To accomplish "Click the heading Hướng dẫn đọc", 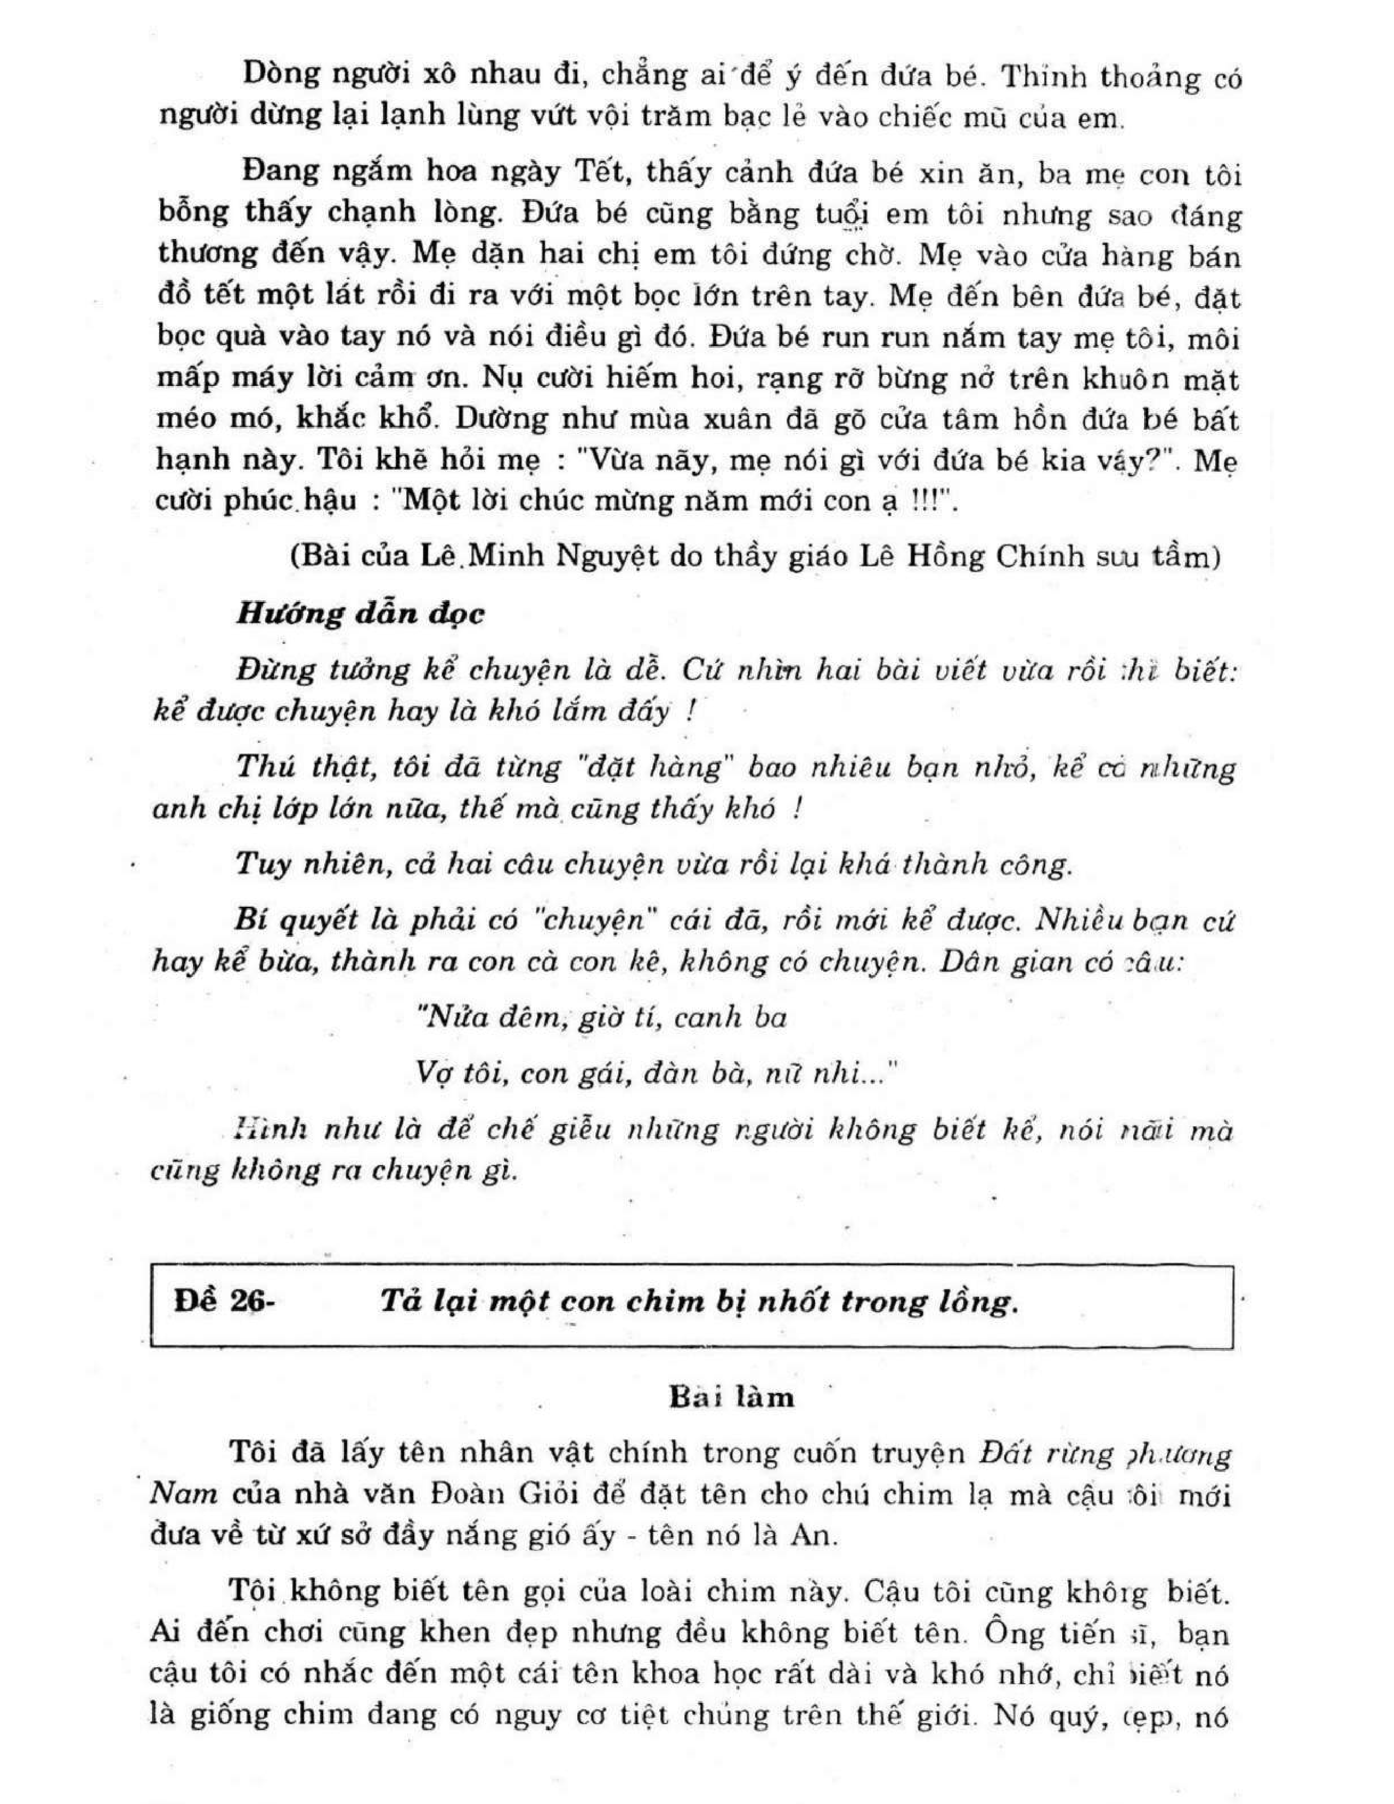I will click(x=361, y=614).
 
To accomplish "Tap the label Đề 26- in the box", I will click(x=223, y=1301).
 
